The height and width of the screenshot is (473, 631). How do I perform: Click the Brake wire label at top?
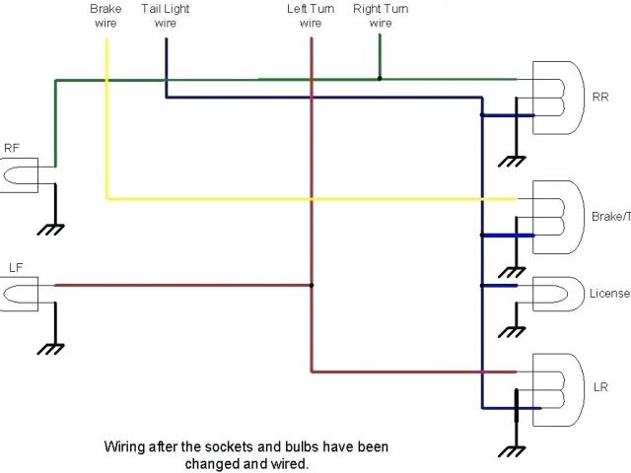point(106,16)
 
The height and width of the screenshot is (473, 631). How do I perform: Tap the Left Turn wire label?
point(311,16)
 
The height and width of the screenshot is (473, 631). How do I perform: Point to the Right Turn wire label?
point(380,16)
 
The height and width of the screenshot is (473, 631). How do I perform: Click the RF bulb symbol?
point(20,173)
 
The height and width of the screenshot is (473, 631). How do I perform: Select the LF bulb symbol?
point(20,292)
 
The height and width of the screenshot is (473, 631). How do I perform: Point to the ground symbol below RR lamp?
point(513,160)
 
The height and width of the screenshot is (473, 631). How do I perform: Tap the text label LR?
point(600,387)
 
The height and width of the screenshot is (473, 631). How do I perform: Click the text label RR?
point(600,98)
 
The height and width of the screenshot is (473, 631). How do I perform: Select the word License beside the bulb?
point(608,294)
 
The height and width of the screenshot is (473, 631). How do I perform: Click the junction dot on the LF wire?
point(312,286)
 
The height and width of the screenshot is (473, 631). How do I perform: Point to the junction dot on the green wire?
point(380,78)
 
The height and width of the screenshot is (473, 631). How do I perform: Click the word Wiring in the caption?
point(124,445)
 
